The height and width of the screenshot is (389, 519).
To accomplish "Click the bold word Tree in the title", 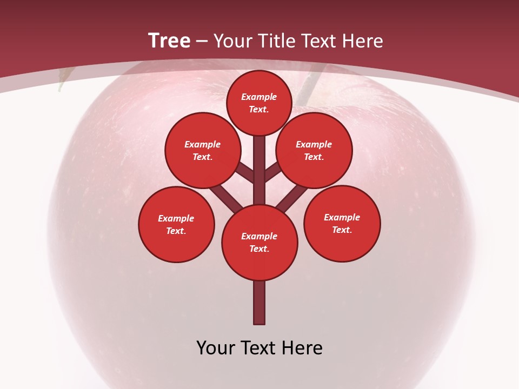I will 169,41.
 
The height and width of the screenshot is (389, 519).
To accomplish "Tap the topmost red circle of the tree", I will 259,103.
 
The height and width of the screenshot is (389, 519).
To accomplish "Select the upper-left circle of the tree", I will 203,150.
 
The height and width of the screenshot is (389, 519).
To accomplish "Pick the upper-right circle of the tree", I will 314,150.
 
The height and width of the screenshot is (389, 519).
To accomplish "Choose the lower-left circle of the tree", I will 176,224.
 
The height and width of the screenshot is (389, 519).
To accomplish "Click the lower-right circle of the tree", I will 342,223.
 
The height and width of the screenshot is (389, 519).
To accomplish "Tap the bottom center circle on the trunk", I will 259,242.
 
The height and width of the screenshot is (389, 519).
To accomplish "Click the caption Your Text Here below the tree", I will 259,348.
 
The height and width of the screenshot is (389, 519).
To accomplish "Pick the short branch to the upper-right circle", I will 272,171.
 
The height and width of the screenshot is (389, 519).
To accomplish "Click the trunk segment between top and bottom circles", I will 259,162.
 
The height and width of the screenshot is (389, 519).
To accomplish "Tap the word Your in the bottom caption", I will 215,348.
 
